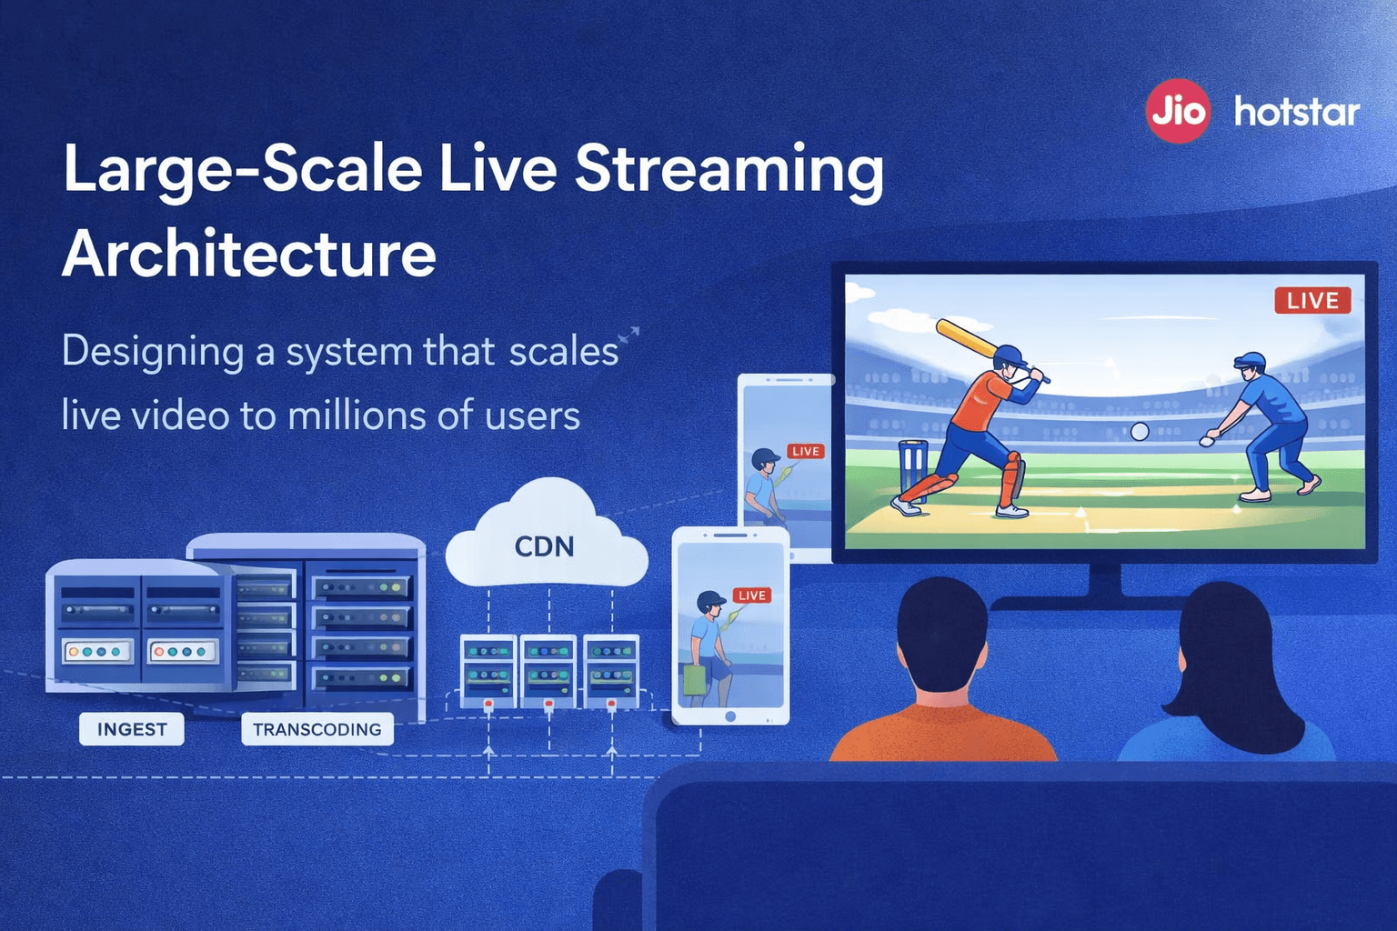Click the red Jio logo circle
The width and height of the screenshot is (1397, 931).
1177,112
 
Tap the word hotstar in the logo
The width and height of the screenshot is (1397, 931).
1296,112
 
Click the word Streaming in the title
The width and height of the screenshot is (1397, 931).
729,170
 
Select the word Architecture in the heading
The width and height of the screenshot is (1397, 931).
249,254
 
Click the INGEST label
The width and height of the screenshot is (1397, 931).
132,729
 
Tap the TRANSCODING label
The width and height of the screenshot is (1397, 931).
317,729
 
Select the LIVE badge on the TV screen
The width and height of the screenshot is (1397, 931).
1312,301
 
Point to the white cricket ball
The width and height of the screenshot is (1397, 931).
1139,431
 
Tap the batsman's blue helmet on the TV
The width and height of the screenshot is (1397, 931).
1009,355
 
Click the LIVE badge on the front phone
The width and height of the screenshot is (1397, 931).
752,596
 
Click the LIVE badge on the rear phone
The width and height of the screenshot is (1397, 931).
805,451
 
